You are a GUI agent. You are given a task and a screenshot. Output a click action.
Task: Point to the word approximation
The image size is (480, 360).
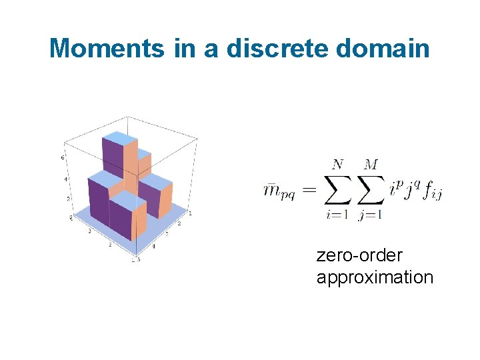click(375, 277)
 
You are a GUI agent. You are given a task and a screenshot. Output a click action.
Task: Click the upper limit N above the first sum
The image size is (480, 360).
click(338, 164)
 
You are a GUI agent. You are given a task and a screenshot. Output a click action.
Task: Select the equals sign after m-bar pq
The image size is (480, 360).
click(311, 191)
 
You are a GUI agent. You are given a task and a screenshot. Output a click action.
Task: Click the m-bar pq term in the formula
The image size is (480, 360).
click(280, 192)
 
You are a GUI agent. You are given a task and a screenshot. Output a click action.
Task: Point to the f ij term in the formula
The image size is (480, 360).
click(433, 192)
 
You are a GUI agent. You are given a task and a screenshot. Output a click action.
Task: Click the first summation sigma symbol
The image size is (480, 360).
click(338, 190)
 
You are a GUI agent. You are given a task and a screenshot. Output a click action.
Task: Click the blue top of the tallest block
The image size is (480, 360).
click(119, 137)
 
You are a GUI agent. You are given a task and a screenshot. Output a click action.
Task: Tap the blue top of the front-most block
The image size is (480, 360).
click(127, 198)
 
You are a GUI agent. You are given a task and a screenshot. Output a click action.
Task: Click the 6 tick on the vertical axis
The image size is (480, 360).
click(63, 158)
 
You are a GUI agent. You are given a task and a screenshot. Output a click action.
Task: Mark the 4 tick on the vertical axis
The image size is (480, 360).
click(66, 179)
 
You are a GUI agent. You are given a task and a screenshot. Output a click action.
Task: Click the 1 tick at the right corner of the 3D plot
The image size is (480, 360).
click(190, 213)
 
